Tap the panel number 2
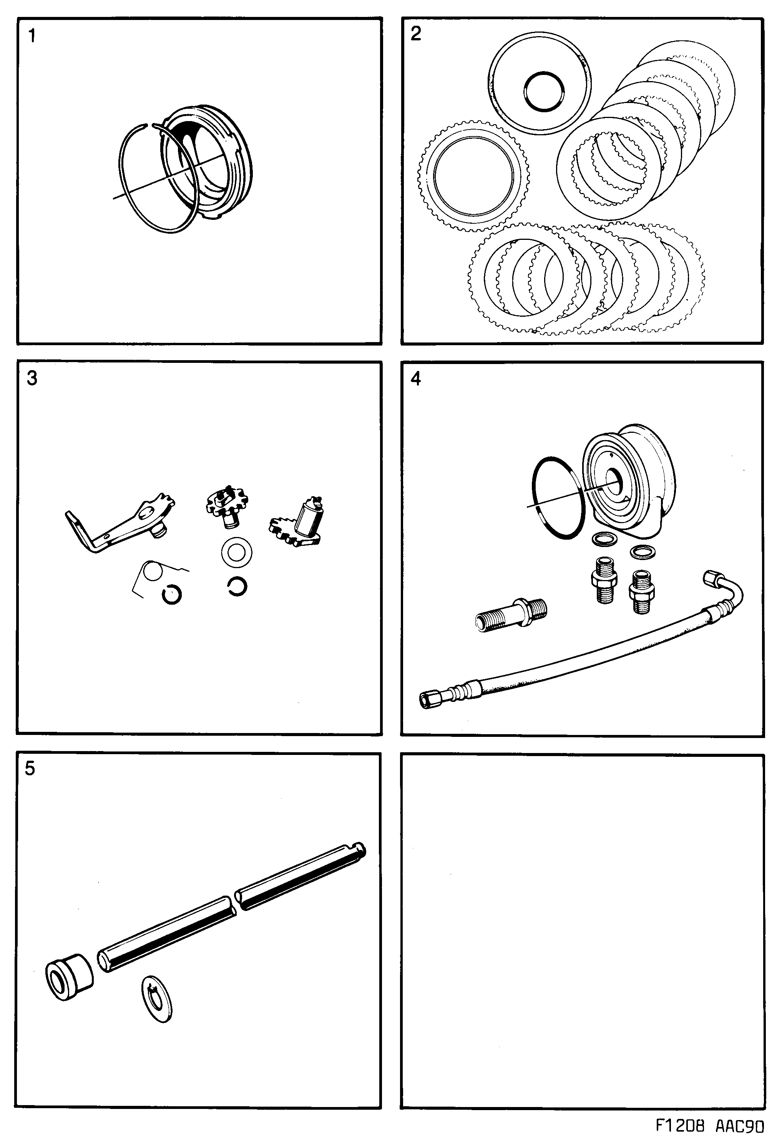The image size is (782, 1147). tap(416, 34)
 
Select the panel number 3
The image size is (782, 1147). tap(32, 379)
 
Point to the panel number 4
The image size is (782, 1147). tap(416, 379)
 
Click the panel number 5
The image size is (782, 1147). tap(30, 768)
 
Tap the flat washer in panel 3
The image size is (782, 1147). tap(237, 552)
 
